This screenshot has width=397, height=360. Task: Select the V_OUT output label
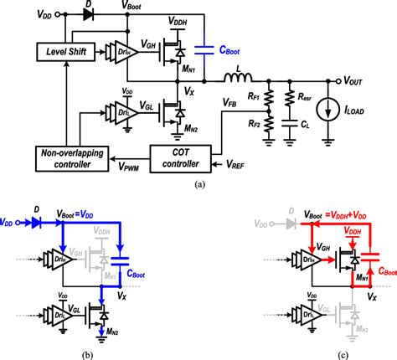(x=359, y=81)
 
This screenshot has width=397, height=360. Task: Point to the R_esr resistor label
(x=312, y=98)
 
